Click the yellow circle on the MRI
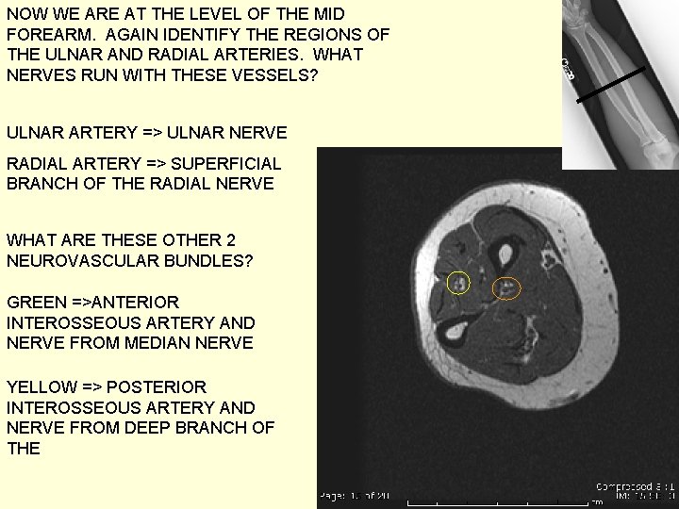[458, 283]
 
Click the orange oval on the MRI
[508, 287]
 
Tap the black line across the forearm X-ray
[603, 84]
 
